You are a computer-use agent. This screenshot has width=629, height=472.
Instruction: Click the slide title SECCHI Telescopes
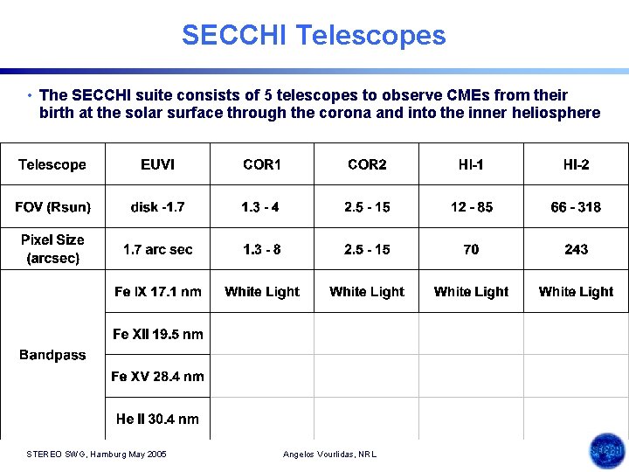[314, 36]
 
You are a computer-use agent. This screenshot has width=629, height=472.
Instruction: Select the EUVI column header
[157, 164]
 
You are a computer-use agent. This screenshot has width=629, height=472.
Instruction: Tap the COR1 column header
[262, 164]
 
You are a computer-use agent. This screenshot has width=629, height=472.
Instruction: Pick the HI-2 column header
[576, 164]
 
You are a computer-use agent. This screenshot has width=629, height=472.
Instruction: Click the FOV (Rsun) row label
[52, 207]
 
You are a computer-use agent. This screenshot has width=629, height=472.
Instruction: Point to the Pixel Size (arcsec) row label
[52, 248]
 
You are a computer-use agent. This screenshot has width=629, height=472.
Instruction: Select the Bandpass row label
[52, 355]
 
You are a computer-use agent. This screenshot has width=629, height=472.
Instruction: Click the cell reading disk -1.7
[157, 207]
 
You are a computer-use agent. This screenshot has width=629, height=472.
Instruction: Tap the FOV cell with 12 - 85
[471, 207]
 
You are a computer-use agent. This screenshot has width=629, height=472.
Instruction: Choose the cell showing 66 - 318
[576, 207]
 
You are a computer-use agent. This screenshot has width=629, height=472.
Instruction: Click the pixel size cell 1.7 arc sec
[157, 250]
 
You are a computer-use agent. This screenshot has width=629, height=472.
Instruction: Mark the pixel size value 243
[576, 250]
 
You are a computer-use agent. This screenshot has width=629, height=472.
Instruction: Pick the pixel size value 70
[471, 250]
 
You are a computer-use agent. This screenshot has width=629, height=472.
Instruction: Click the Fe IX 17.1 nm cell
[157, 292]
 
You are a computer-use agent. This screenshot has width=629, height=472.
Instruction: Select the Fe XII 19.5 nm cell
[157, 334]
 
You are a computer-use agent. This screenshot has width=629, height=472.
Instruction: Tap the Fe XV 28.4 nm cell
[157, 377]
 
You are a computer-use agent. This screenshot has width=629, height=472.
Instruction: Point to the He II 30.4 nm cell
[157, 419]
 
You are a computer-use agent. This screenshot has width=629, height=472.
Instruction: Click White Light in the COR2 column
[367, 292]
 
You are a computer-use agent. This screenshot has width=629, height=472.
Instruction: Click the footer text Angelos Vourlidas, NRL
[330, 455]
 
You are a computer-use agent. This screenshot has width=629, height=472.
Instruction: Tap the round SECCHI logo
[606, 451]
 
